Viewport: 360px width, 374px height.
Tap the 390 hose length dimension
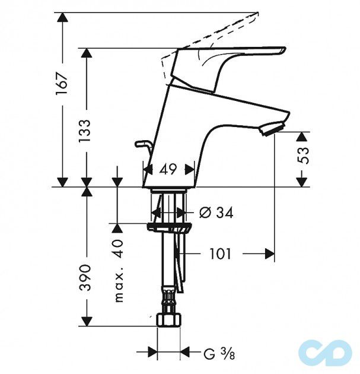[85, 277]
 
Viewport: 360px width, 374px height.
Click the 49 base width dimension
[168, 169]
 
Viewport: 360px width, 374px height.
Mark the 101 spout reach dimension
[219, 254]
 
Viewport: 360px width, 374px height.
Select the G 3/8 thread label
[217, 354]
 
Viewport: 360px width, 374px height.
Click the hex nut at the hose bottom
[168, 321]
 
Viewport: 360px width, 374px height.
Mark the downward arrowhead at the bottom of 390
[86, 321]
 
